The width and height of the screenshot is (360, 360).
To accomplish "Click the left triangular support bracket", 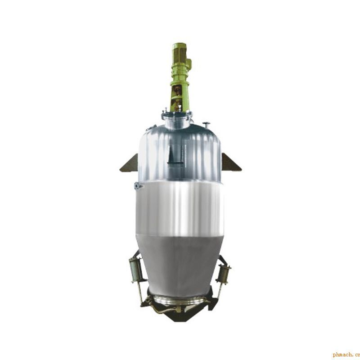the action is pos(130,164).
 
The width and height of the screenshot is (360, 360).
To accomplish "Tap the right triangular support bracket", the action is pos(230,163).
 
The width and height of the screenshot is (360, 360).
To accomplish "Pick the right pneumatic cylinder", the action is pos(224,274).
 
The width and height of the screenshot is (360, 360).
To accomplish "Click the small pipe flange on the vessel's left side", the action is pos(138,186).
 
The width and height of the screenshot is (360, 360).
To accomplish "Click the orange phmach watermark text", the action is pos(346,355).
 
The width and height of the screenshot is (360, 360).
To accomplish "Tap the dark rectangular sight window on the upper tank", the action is pos(175,154).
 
